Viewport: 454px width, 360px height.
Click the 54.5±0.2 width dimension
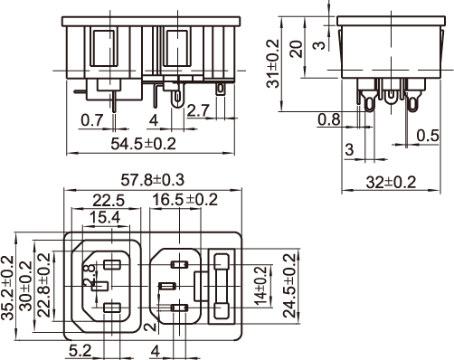click(x=143, y=144)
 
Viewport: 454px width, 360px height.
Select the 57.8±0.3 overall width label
click(x=152, y=180)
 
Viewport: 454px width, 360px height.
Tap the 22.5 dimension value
click(x=109, y=201)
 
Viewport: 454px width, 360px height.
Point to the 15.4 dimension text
click(x=105, y=217)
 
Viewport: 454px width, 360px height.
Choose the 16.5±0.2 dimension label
click(x=185, y=200)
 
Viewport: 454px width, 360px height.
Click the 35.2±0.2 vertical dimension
click(x=7, y=288)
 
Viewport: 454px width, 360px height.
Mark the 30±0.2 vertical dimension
click(x=25, y=286)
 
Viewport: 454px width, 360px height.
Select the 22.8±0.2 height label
click(x=44, y=285)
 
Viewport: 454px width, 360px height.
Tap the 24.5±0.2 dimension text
click(x=290, y=286)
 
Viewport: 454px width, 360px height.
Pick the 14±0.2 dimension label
click(x=261, y=286)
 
